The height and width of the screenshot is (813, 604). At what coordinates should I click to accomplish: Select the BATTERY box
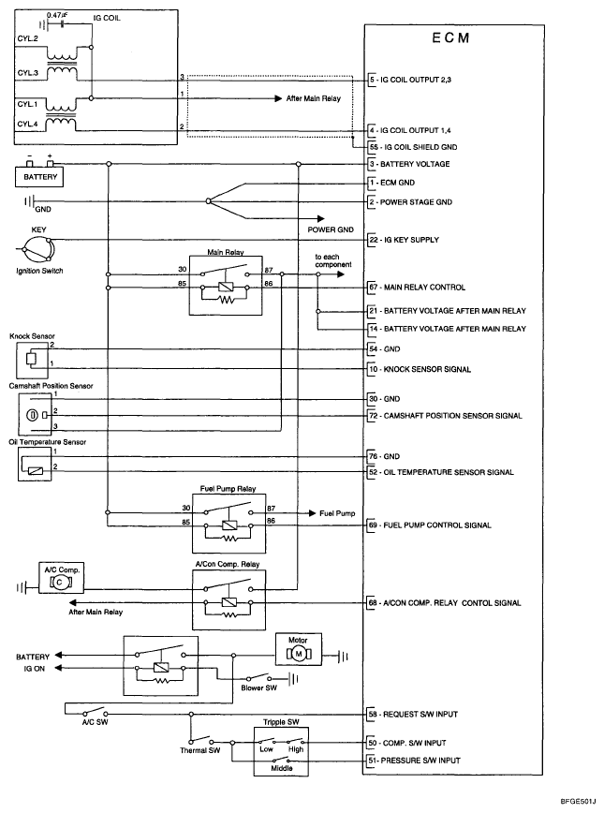(x=40, y=177)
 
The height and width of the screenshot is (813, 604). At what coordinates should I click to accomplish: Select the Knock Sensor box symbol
(x=32, y=357)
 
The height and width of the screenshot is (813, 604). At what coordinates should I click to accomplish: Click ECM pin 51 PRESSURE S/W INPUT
(x=418, y=761)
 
